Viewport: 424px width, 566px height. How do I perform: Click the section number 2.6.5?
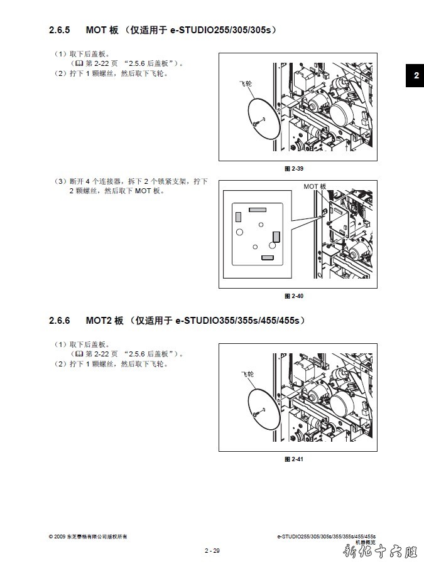pos(59,30)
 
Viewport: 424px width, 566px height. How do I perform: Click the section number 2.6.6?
pos(59,321)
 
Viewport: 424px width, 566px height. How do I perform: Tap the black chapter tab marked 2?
pos(415,75)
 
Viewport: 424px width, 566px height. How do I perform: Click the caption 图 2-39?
pos(294,169)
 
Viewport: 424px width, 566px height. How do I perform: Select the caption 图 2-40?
pos(294,296)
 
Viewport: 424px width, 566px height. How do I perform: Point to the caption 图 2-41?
pos(294,459)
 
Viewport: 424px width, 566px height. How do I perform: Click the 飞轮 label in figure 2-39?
pos(246,83)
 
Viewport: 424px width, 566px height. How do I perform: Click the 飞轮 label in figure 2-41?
pos(247,374)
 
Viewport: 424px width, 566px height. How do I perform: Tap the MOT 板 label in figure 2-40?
pos(315,186)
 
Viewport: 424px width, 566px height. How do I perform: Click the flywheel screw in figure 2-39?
pos(256,124)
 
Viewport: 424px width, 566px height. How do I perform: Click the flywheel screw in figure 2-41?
pos(256,414)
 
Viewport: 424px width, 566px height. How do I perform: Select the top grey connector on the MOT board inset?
pos(258,210)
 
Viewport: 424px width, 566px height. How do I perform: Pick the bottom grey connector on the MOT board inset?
pos(268,258)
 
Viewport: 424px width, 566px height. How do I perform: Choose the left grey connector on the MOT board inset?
pos(238,217)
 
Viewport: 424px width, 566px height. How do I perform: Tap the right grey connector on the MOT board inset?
pos(276,237)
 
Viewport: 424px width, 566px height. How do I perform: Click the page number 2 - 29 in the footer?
pos(212,550)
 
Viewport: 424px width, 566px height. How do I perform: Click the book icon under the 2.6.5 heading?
pos(79,63)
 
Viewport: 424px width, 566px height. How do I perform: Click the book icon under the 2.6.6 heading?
pos(79,354)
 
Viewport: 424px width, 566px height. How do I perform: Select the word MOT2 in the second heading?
pos(99,321)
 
